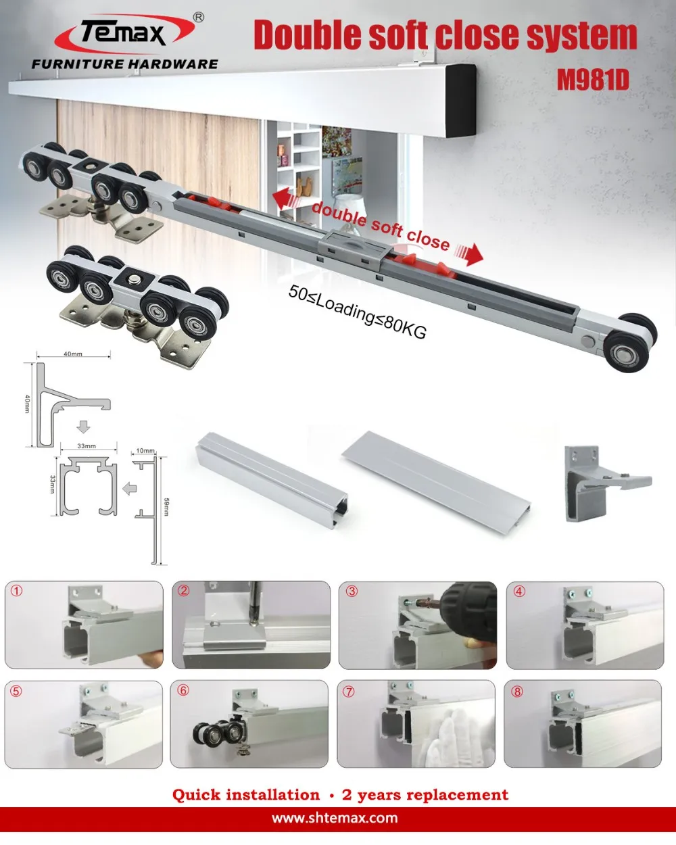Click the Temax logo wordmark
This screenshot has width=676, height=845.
124,32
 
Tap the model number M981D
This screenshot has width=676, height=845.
593,80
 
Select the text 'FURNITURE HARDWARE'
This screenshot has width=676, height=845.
125,64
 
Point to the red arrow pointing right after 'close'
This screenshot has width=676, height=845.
470,254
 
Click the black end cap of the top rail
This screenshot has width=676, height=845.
461,99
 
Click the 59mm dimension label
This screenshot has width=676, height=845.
166,507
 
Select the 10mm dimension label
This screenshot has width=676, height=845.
145,451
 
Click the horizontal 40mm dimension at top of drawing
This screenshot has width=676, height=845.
73,354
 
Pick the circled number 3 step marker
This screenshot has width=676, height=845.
352,591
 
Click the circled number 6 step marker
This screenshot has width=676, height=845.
183,690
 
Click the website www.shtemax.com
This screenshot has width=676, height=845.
335,818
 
